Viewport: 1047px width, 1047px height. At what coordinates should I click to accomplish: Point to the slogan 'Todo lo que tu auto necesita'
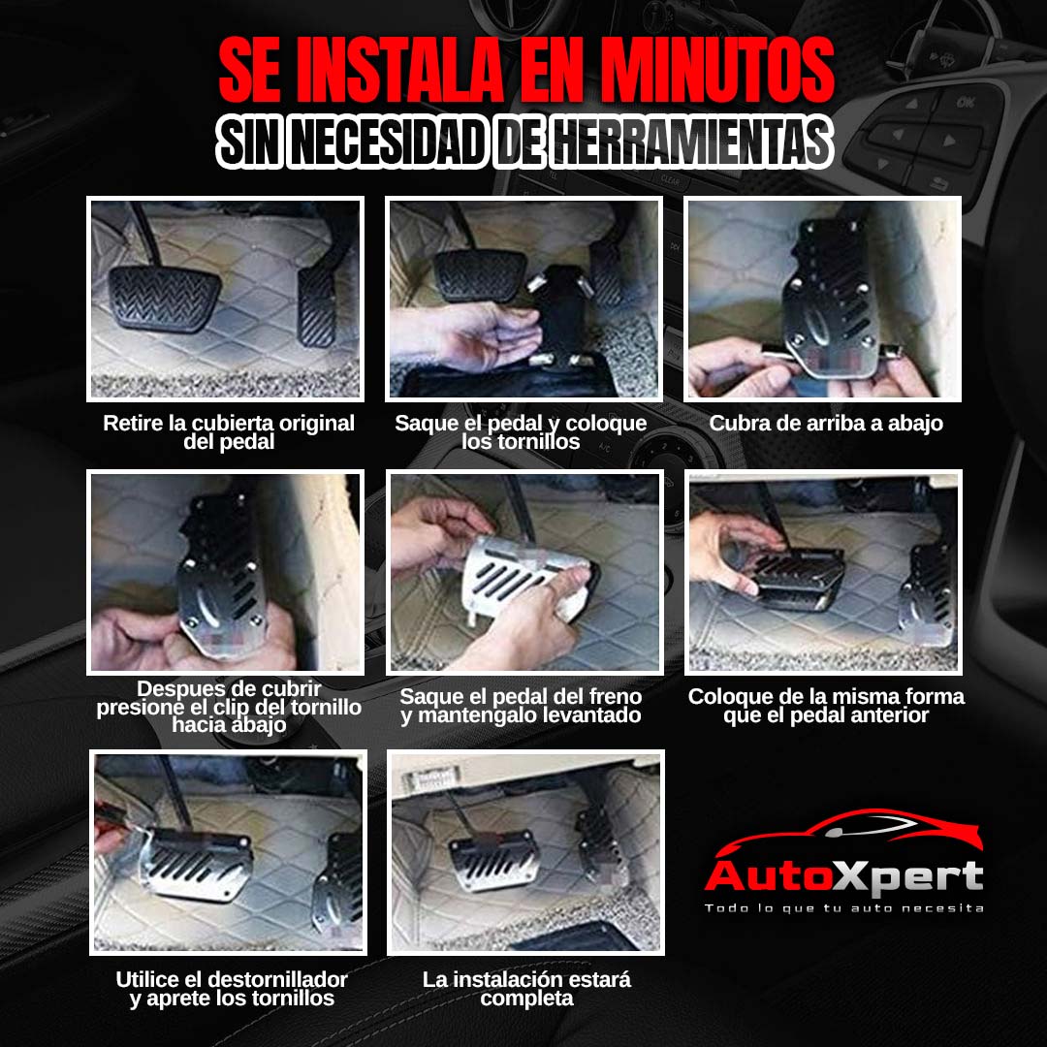tap(844, 908)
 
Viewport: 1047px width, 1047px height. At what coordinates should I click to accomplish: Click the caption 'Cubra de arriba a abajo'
tap(826, 424)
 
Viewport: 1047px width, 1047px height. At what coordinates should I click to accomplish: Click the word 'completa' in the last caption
tap(526, 999)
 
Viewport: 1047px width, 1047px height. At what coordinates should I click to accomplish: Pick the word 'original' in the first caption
tap(316, 424)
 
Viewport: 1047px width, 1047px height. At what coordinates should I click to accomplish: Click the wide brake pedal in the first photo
tap(164, 298)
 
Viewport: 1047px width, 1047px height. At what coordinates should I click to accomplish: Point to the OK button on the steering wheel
tap(966, 103)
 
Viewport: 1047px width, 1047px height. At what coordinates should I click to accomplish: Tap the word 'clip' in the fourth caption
tap(233, 707)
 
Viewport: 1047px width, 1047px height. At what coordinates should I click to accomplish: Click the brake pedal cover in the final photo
tap(494, 862)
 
